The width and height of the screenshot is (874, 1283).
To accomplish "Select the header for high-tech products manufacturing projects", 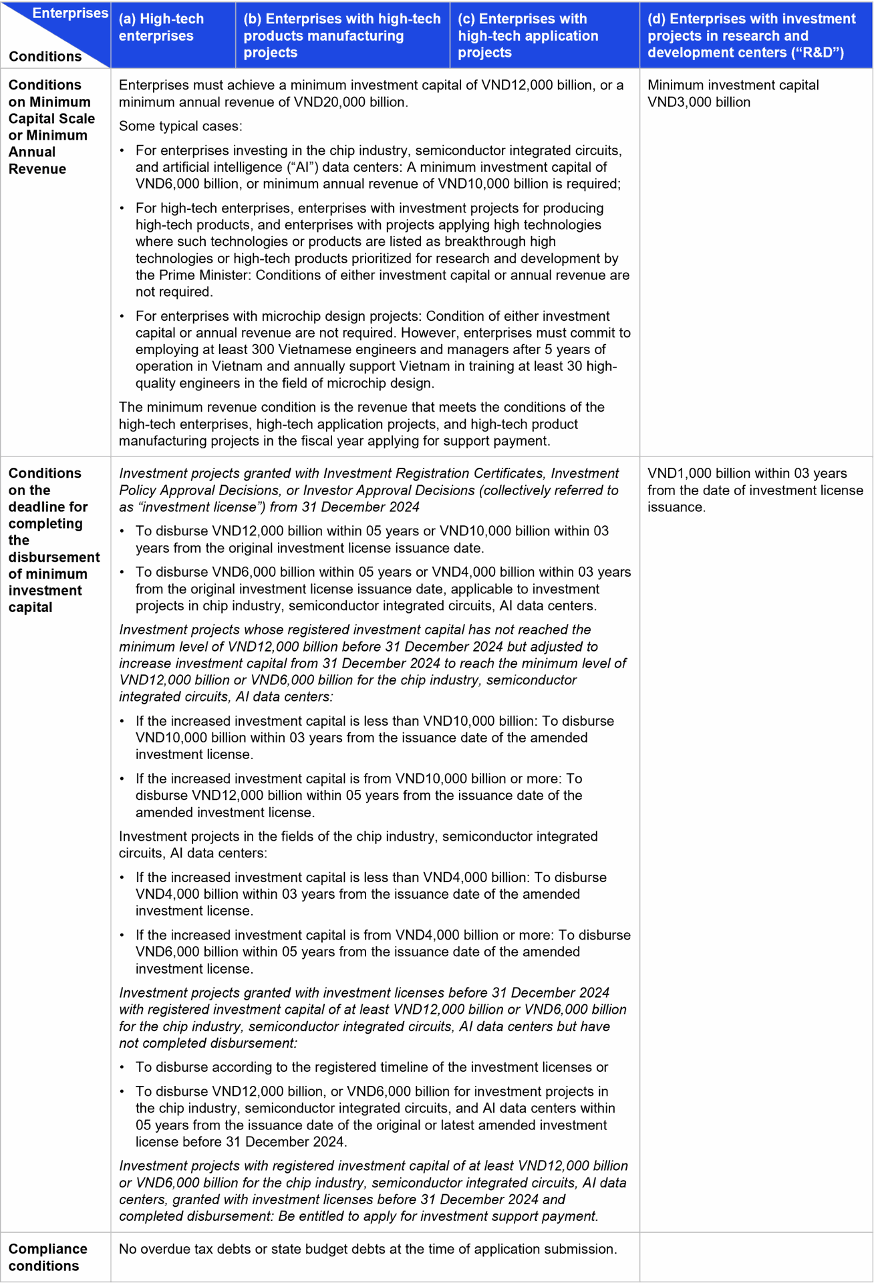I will tap(341, 35).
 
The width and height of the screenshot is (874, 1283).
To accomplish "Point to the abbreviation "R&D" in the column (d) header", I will tap(820, 53).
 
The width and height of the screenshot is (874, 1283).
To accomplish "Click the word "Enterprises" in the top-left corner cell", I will tap(70, 13).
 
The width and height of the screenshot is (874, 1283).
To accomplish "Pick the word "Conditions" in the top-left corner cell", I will tap(45, 57).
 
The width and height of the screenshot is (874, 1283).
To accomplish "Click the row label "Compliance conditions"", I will tap(47, 1257).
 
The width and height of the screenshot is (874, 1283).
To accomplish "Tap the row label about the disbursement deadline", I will tap(53, 540).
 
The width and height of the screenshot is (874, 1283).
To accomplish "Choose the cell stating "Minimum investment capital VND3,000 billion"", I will tap(732, 94).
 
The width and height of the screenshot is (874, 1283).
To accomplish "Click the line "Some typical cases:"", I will tap(180, 126).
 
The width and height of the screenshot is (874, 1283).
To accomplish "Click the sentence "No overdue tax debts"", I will tap(368, 1249).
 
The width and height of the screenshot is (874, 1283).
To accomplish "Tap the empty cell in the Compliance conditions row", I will tap(756, 1257).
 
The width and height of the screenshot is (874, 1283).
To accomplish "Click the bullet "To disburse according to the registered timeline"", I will tap(372, 1067).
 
